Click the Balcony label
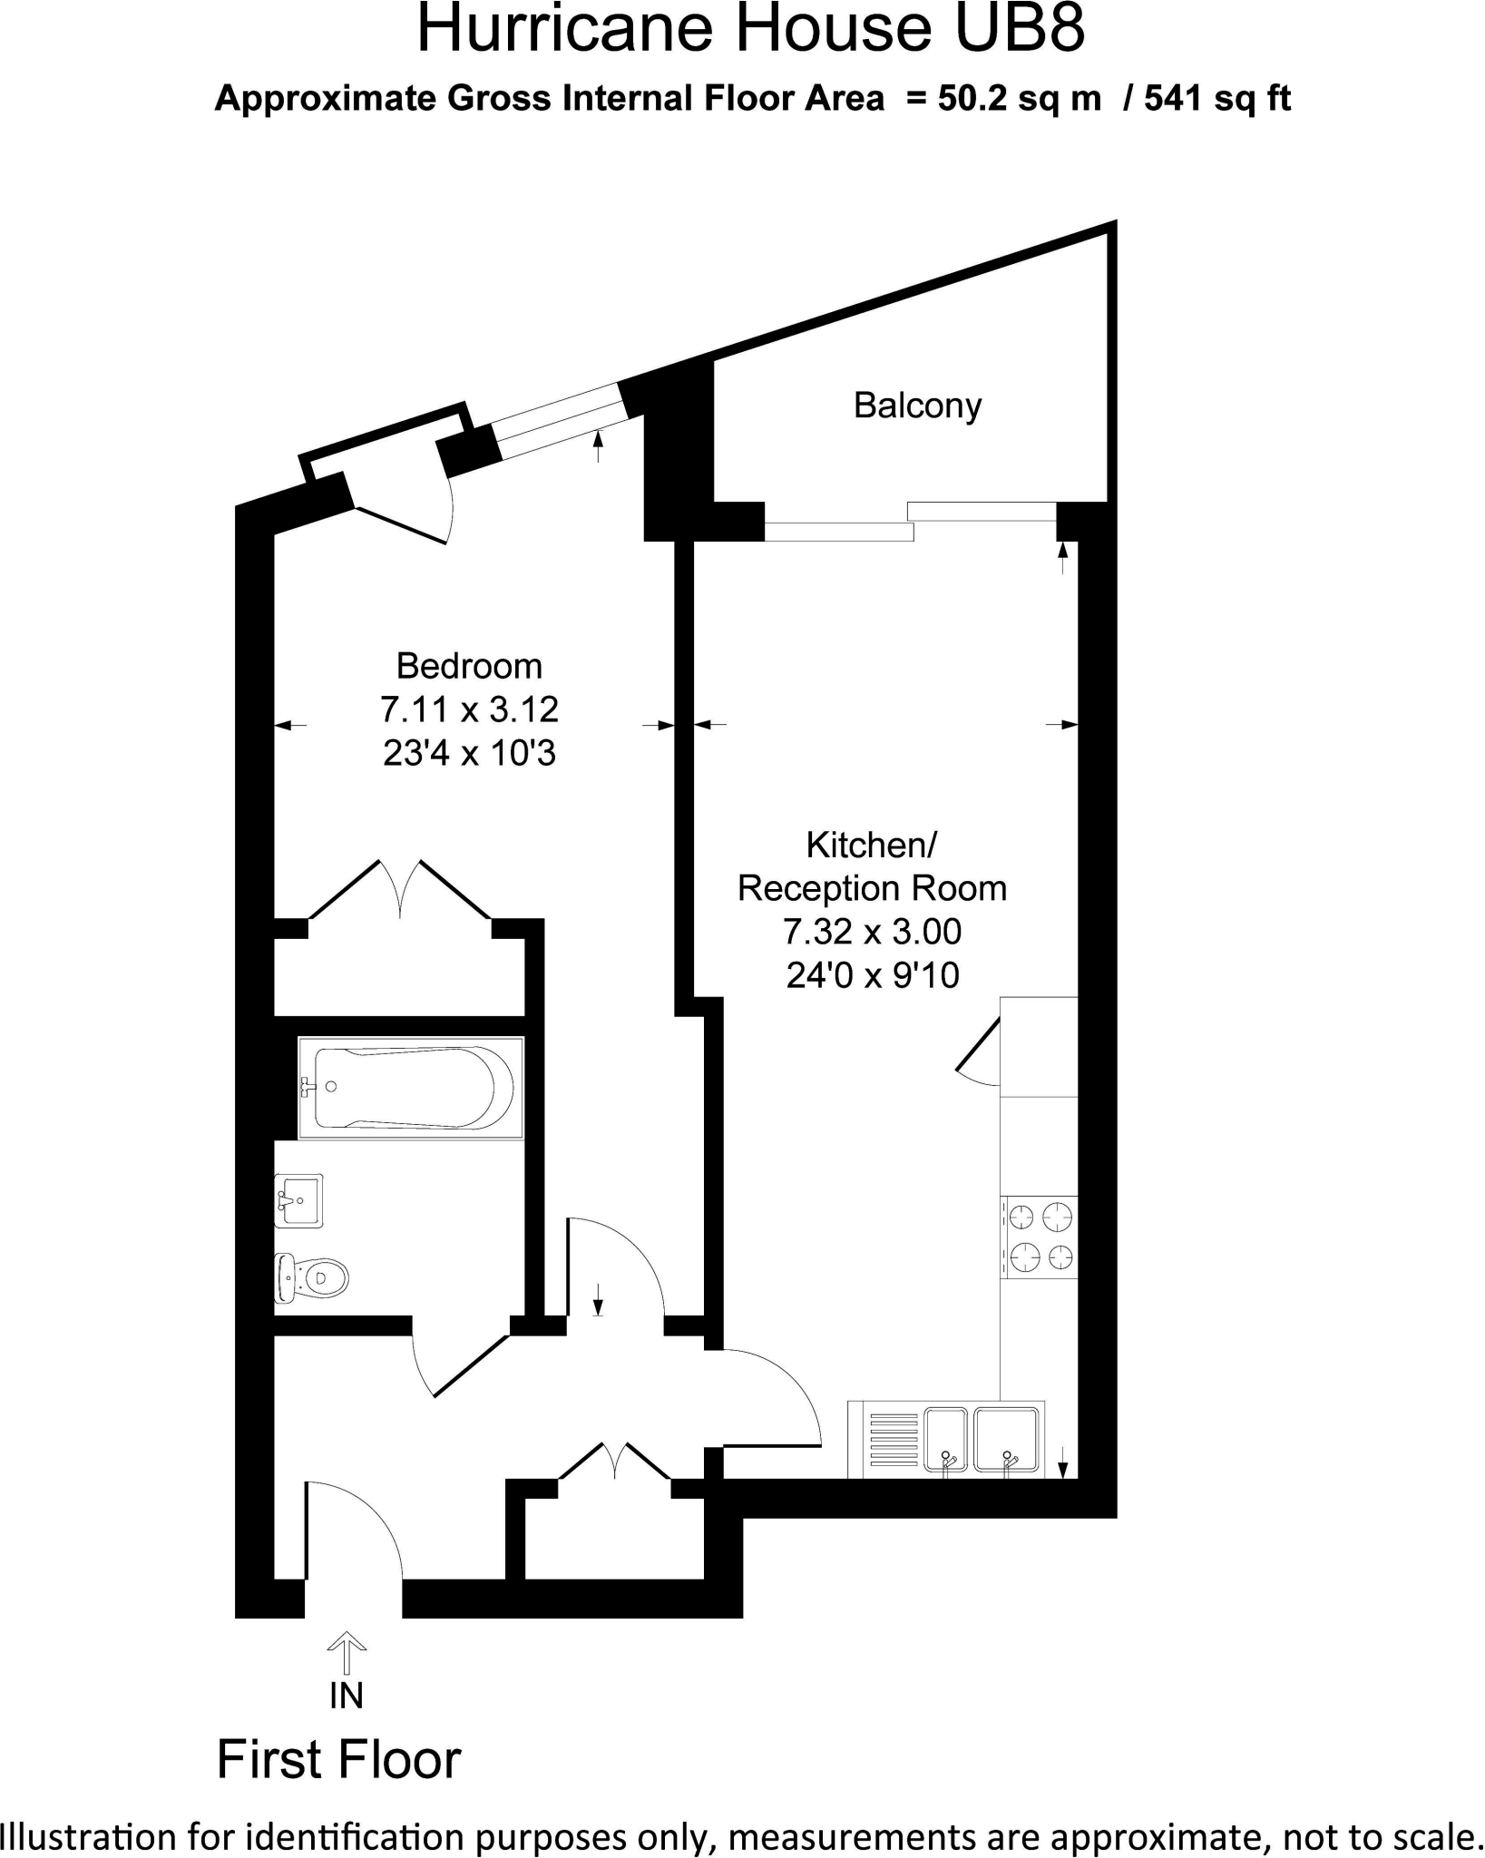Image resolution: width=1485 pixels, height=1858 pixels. [x=917, y=406]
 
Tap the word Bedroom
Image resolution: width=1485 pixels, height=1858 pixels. [x=469, y=667]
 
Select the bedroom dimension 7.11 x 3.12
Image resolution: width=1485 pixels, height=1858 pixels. [x=469, y=709]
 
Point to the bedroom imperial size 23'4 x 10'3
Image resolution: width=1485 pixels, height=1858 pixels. [x=469, y=753]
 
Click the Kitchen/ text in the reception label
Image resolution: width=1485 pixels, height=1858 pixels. [x=871, y=846]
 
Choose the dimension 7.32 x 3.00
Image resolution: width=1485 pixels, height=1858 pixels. [x=873, y=932]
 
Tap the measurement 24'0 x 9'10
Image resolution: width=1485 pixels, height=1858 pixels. [x=873, y=975]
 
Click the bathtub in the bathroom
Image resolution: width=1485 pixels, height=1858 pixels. [x=411, y=1087]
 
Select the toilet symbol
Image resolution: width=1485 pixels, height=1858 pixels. [x=311, y=1278]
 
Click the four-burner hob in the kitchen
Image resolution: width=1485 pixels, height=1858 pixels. [x=1040, y=1237]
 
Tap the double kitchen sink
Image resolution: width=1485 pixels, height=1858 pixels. [x=981, y=1440]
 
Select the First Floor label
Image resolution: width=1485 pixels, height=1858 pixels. [x=339, y=1760]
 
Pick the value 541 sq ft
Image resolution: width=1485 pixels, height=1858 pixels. [x=1217, y=98]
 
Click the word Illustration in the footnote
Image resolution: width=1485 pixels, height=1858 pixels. [x=88, y=1836]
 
